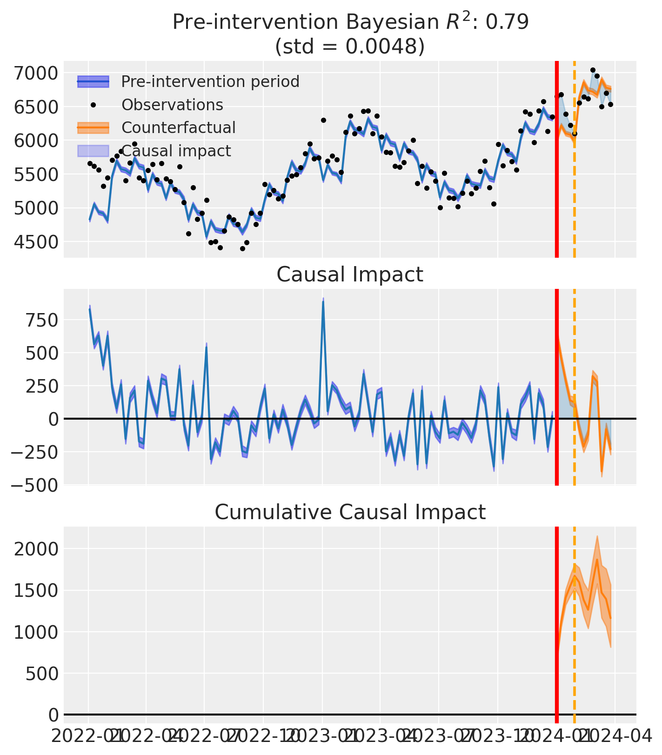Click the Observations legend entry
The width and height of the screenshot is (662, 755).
click(x=172, y=105)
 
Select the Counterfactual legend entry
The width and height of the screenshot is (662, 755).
click(x=178, y=127)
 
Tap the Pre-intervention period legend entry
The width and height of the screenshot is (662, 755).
click(x=210, y=82)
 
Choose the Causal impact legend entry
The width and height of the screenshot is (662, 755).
click(x=176, y=151)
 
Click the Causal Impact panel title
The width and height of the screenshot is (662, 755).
click(x=350, y=274)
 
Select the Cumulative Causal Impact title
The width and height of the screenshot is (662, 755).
click(x=350, y=512)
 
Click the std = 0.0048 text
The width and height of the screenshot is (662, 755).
click(x=350, y=47)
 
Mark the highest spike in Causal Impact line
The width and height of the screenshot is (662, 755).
click(x=323, y=301)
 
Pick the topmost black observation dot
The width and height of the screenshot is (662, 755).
click(x=593, y=70)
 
